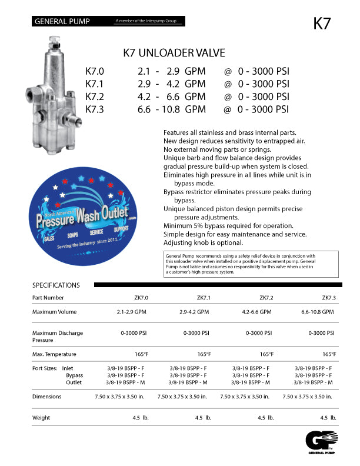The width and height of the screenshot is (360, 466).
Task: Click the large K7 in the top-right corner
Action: click(322, 24)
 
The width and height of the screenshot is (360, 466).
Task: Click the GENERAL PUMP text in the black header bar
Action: click(62, 22)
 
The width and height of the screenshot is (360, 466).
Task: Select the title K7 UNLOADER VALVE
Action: click(174, 53)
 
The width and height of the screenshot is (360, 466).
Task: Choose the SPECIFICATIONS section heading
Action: click(56, 285)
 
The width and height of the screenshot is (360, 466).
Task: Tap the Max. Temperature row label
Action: click(54, 354)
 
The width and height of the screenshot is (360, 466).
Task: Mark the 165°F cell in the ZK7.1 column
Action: click(204, 354)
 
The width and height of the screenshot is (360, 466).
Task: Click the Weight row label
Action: click(41, 418)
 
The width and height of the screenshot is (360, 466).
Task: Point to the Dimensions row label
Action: click(47, 397)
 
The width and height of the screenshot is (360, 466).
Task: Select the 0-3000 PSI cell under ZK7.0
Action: click(134, 333)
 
